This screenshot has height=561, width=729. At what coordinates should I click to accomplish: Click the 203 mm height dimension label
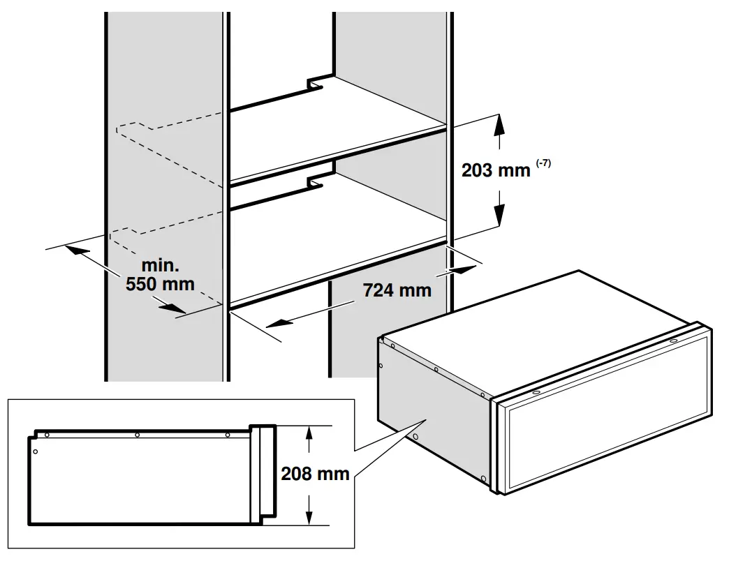[496, 170]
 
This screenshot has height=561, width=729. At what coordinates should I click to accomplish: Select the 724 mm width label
[397, 290]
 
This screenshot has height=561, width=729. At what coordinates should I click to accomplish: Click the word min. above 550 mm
[161, 266]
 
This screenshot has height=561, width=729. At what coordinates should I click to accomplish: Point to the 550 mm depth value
[160, 284]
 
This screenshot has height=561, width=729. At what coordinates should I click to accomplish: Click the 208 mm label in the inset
[315, 474]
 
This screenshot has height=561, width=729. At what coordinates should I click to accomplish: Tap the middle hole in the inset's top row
[138, 435]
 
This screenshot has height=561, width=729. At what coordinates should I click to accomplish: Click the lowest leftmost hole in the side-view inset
[36, 451]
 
